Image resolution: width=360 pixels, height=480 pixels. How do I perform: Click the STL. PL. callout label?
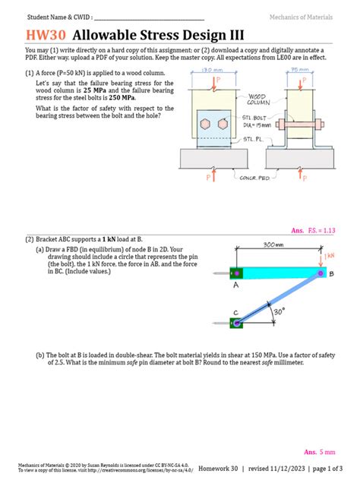253,139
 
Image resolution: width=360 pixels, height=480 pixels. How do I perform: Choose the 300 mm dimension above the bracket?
273,245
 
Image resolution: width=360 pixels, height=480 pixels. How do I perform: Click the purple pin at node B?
321,273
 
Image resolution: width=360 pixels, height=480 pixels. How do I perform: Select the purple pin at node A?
235,273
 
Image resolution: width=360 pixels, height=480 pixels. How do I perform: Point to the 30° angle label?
279,311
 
